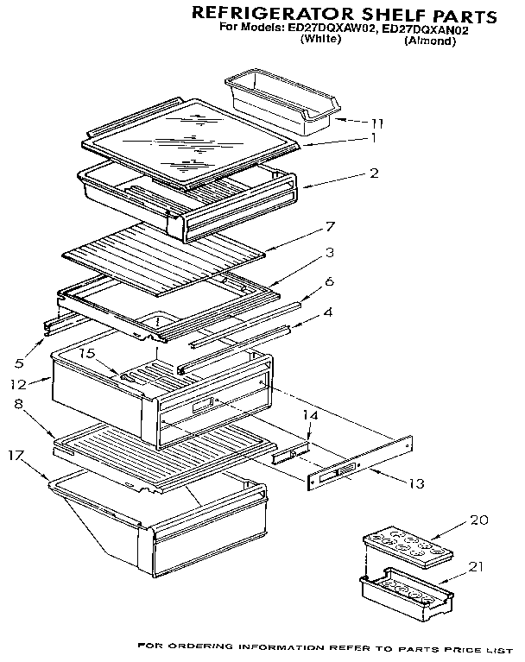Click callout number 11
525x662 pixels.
[376, 122]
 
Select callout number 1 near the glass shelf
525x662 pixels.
[373, 137]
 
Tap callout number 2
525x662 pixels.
[373, 173]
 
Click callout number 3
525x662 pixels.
[330, 252]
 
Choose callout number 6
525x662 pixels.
[329, 281]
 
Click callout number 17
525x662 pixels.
[15, 454]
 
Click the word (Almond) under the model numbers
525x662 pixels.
[429, 41]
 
